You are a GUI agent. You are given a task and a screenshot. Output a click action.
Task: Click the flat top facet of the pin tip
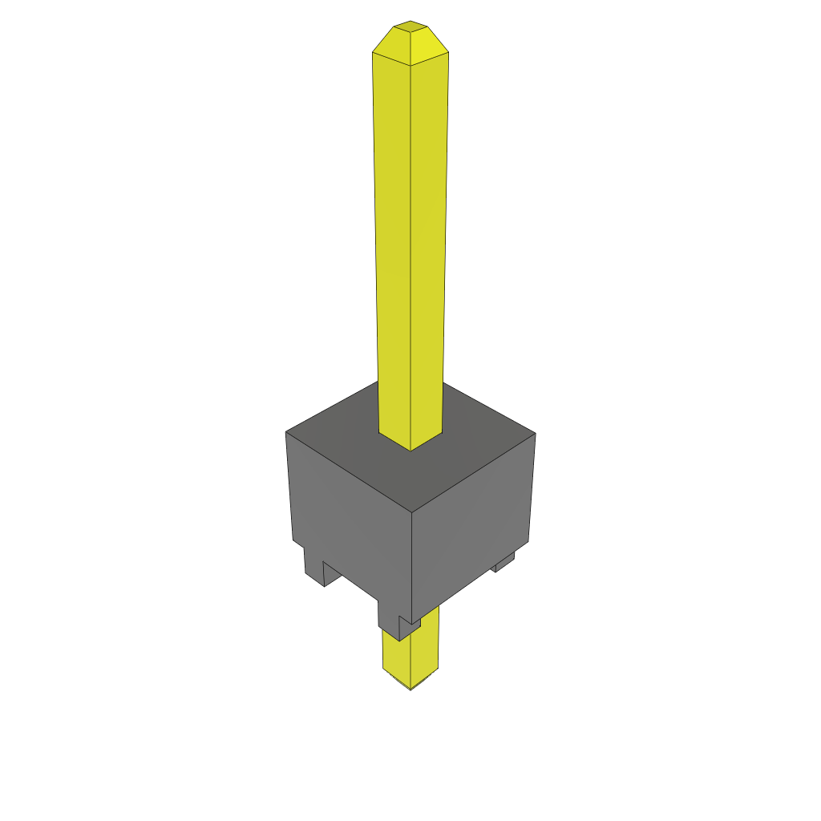(410, 26)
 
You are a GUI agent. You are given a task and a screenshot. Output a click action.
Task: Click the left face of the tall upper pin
(393, 241)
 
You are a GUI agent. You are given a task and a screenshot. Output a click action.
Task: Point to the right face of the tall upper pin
(428, 241)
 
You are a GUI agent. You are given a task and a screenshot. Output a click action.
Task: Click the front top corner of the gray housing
(411, 512)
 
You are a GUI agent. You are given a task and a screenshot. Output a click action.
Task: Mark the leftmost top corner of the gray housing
(286, 433)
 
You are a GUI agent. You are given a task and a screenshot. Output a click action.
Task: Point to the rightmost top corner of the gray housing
(535, 434)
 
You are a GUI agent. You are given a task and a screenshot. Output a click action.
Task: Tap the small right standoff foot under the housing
(504, 564)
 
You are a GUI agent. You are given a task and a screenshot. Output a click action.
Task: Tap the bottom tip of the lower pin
(410, 687)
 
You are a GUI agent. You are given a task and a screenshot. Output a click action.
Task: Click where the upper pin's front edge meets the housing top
(410, 450)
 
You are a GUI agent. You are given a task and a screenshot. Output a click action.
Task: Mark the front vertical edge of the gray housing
(411, 561)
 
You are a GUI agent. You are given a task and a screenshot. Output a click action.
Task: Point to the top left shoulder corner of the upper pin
(373, 53)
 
